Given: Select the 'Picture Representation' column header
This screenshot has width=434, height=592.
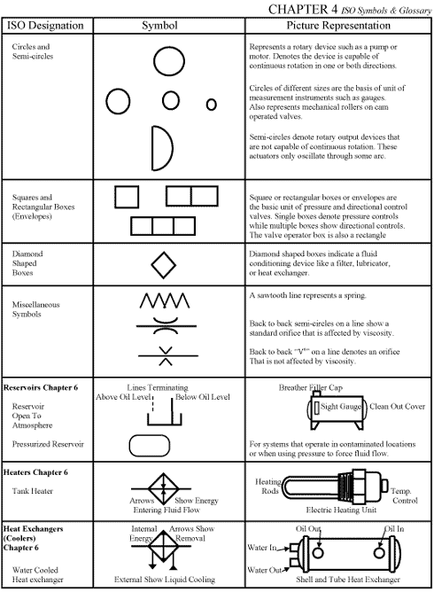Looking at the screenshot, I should pyautogui.click(x=338, y=25).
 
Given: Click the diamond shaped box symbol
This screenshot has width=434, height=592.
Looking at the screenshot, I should pyautogui.click(x=163, y=264).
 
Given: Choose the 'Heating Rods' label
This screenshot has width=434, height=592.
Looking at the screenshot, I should pyautogui.click(x=268, y=487).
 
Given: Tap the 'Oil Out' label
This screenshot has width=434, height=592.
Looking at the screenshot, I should pyautogui.click(x=308, y=529).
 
